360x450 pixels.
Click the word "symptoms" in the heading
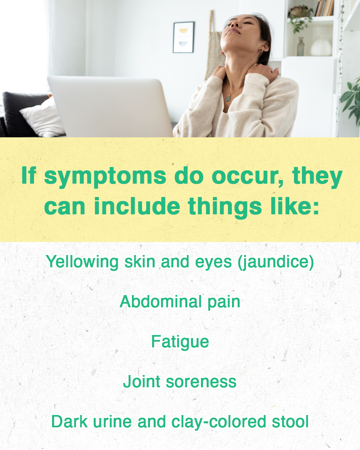coord(105,177)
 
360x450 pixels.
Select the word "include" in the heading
coord(137,206)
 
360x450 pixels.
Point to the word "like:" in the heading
coord(295,206)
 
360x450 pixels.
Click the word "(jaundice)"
coord(276,262)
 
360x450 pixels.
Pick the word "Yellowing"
coord(82,262)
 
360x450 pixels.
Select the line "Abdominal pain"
coord(180,302)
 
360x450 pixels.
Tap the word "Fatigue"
coord(180,342)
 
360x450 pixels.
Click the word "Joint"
coord(142,382)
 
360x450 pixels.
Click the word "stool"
coord(290,422)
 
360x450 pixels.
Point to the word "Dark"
coord(69,422)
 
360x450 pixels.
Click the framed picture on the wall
coord(183,37)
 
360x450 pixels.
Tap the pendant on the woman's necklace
coord(228,98)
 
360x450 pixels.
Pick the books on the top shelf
coord(324,8)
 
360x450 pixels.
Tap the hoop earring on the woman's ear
coord(261,51)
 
